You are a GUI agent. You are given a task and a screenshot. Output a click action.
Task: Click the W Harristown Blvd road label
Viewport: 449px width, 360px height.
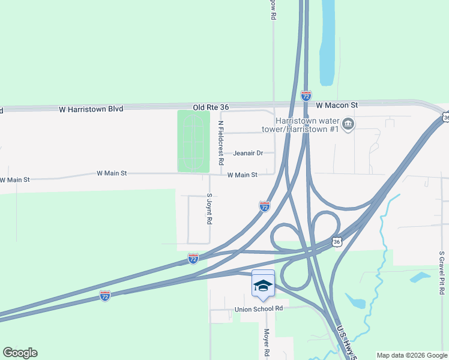point(91,109)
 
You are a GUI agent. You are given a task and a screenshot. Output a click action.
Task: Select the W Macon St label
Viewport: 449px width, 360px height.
point(337,104)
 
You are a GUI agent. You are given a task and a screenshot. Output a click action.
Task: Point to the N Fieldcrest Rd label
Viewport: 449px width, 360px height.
point(221,143)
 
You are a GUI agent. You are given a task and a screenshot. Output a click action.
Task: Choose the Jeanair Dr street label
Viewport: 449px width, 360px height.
point(248,153)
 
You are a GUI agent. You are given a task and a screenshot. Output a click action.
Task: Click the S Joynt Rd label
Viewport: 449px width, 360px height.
point(209,208)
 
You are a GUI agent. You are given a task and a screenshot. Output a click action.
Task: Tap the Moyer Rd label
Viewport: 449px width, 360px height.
point(267,344)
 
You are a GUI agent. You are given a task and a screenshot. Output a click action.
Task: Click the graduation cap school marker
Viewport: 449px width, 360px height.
point(263,284)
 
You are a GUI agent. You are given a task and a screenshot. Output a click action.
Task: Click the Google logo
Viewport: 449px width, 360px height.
point(20,353)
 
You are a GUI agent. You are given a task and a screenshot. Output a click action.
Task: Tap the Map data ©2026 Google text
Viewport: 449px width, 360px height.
point(412,355)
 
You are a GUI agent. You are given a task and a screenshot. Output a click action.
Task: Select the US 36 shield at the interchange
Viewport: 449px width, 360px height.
point(337,241)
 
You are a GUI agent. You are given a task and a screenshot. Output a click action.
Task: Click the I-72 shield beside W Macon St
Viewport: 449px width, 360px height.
point(306,95)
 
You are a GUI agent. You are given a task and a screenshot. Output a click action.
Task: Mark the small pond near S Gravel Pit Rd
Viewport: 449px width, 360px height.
point(420,277)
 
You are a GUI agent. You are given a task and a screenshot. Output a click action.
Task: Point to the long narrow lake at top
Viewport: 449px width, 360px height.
point(328,42)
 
